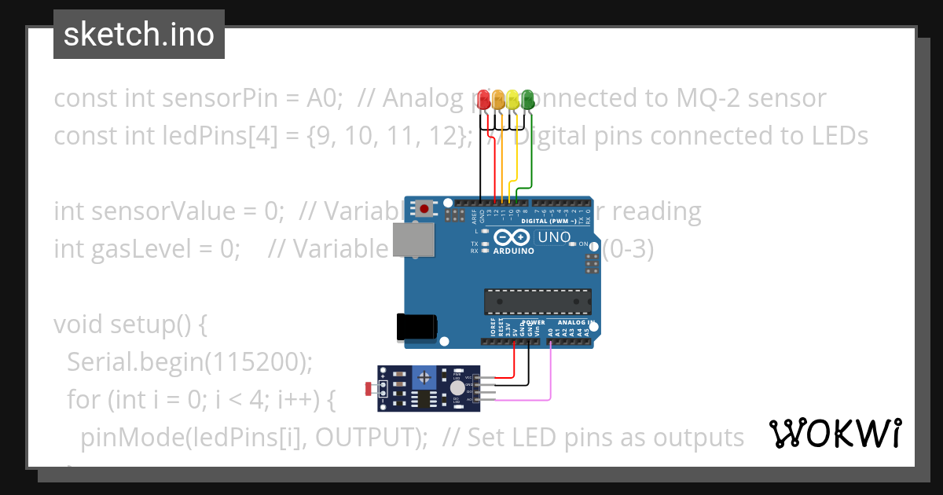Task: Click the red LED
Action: point(483,100)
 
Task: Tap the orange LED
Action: point(498,100)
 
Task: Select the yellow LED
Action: point(513,100)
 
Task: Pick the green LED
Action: point(527,100)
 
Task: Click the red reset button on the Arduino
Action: point(425,209)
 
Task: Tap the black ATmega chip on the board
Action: point(538,301)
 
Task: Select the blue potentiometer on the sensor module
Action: point(424,379)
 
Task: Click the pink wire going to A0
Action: point(550,377)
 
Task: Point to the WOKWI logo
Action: point(835,434)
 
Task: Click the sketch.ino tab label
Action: point(139,35)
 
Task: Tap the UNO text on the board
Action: point(552,237)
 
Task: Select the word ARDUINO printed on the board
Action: point(514,251)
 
